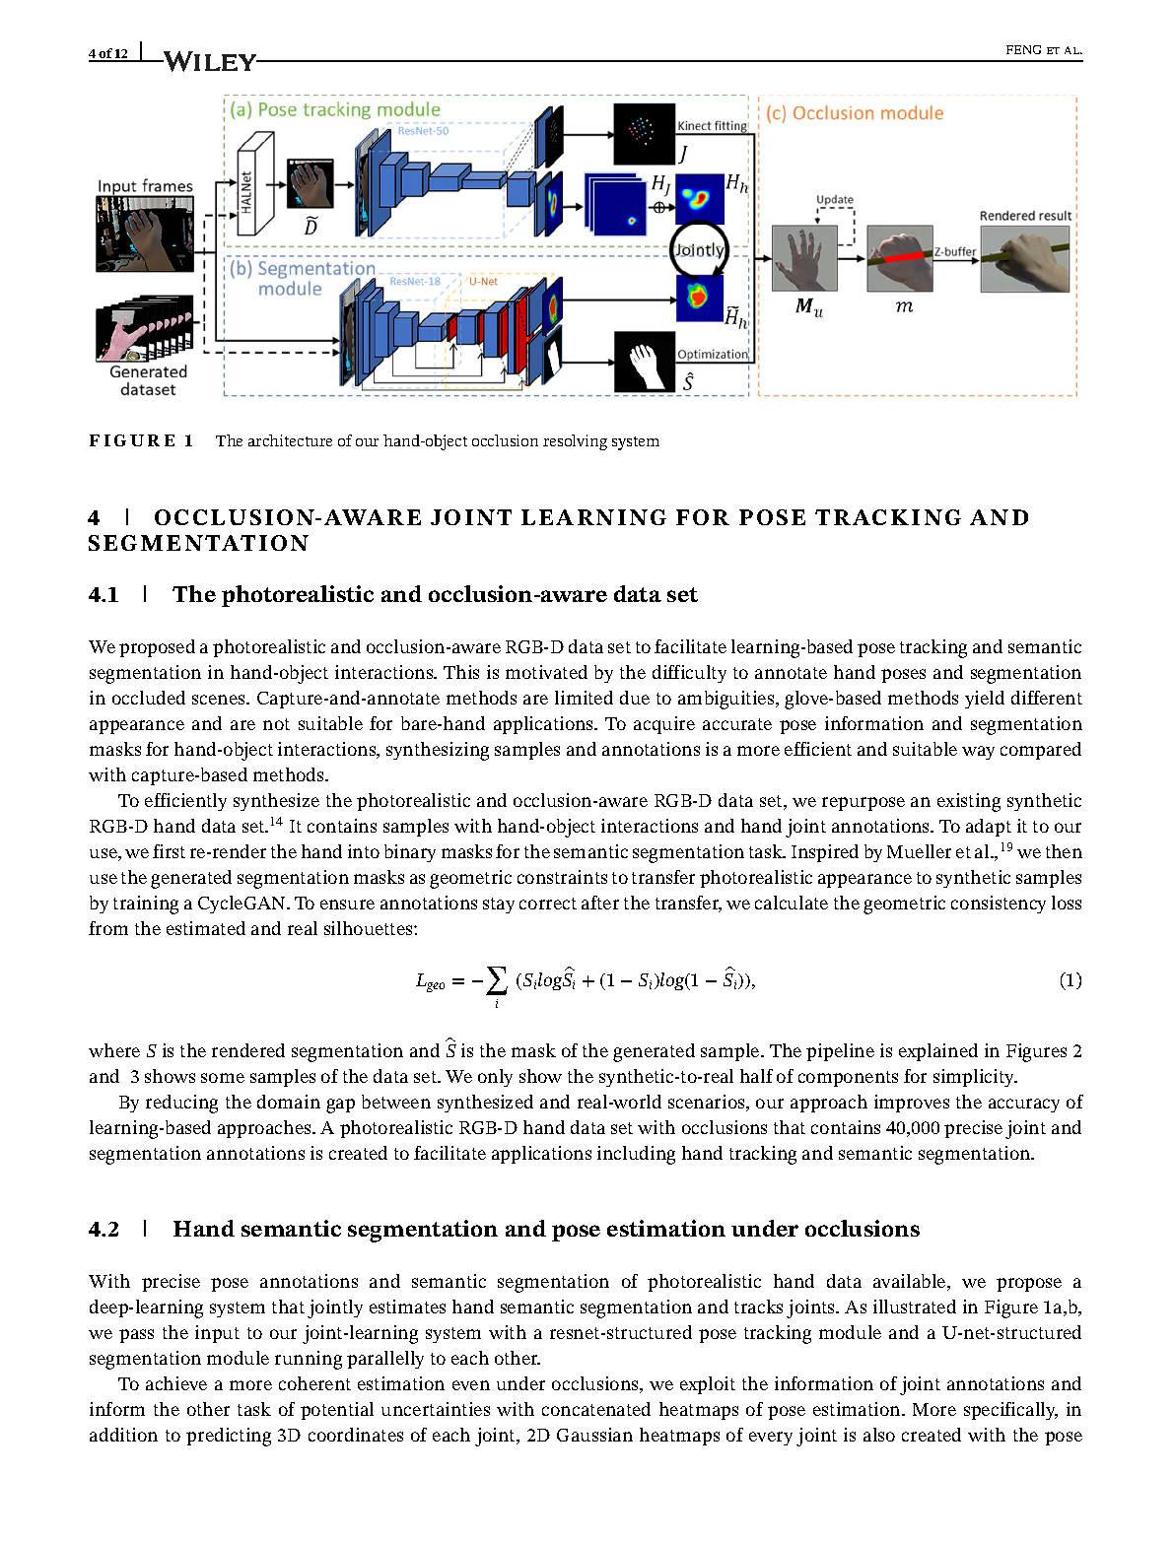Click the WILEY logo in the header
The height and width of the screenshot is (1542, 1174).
point(209,61)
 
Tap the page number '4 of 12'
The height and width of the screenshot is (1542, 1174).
point(108,53)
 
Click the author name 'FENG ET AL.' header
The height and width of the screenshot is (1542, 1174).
point(1043,50)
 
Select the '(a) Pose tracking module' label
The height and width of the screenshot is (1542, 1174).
point(335,109)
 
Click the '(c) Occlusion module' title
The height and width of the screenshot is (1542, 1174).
point(855,113)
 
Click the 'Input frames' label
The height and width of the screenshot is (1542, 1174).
point(145,186)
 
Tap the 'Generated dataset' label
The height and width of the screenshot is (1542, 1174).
point(148,380)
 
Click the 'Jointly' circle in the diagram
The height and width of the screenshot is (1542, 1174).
point(698,250)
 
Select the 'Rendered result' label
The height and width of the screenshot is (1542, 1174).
point(1025,216)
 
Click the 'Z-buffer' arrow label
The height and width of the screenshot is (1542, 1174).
point(955,251)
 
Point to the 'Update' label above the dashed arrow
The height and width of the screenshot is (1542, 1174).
point(835,199)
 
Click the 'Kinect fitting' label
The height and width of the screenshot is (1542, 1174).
point(712,126)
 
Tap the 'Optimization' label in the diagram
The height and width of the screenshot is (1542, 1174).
point(712,355)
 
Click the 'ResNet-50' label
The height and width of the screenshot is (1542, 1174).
point(423,131)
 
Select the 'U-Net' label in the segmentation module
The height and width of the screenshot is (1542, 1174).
point(483,282)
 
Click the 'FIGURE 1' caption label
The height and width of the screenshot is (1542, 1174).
point(141,440)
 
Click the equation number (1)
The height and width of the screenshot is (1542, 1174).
point(1070,979)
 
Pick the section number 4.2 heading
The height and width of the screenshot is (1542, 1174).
point(104,1229)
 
